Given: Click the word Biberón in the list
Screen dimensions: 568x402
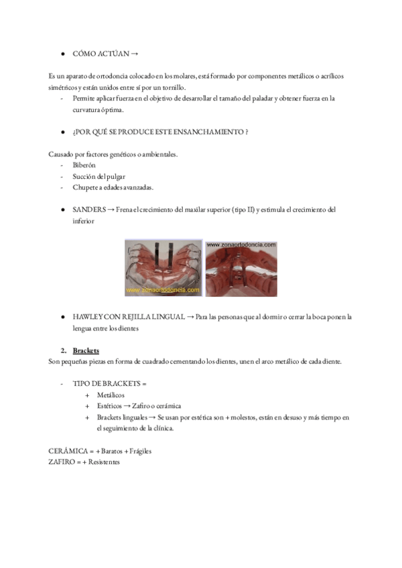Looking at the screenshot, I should [84, 165].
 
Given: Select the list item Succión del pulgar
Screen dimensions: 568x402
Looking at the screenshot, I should [100, 176].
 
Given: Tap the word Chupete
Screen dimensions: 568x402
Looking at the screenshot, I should [86, 188].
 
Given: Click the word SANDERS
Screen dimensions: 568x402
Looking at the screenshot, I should [89, 210].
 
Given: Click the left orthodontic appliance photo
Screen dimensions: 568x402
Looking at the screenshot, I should [163, 268].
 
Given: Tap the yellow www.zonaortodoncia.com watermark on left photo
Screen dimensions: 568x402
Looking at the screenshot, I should [163, 291].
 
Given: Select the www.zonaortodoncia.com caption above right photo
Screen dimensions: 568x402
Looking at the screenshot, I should [241, 245].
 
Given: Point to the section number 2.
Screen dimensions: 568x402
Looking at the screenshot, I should [63, 350].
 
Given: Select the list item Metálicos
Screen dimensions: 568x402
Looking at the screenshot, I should [111, 395].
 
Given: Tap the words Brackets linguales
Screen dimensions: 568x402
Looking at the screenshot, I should [122, 417].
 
